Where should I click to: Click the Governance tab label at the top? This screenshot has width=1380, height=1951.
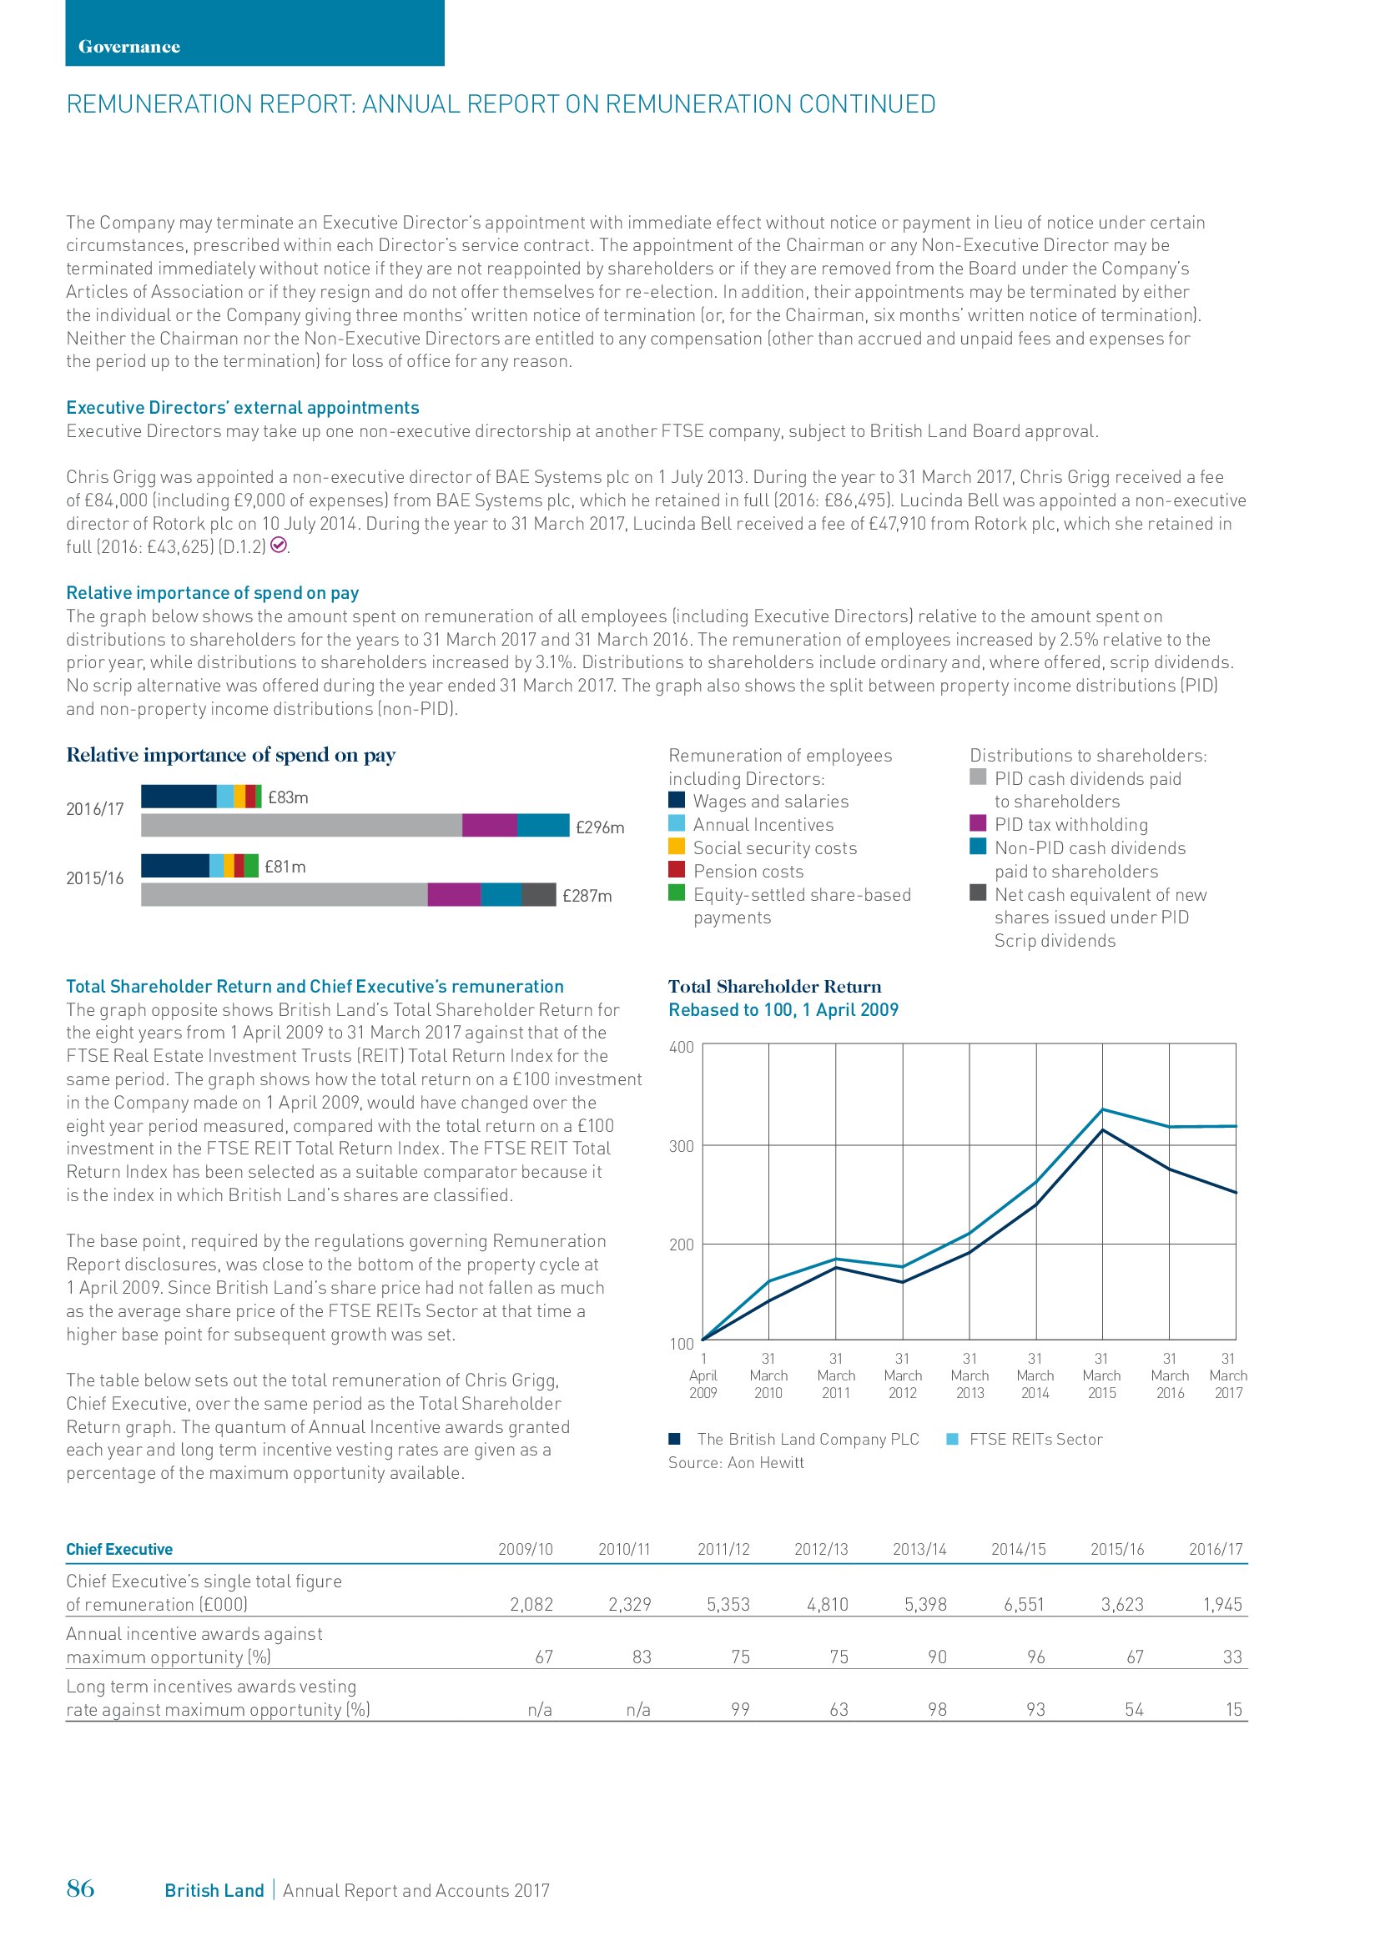click(129, 47)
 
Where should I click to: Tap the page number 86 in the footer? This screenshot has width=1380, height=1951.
click(81, 1888)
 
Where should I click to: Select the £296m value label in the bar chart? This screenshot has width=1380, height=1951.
click(600, 827)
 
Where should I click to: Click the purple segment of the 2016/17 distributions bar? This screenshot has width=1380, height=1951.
click(490, 825)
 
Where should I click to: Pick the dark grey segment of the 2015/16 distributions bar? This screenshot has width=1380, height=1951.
click(539, 895)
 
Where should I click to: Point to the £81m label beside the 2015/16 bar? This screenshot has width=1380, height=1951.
click(285, 867)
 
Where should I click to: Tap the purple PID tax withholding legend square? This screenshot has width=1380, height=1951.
click(978, 823)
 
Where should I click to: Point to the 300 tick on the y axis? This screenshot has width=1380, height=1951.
click(682, 1146)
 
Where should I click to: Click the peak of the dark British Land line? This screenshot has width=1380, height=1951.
click(1102, 1130)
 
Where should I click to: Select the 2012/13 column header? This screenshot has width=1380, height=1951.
click(821, 1549)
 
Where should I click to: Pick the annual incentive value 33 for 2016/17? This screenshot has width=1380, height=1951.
click(1232, 1657)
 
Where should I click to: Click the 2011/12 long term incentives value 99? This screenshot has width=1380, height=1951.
click(740, 1710)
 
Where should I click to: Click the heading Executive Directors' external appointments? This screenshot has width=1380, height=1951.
click(243, 408)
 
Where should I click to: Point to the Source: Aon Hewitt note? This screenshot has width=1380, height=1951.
click(736, 1462)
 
